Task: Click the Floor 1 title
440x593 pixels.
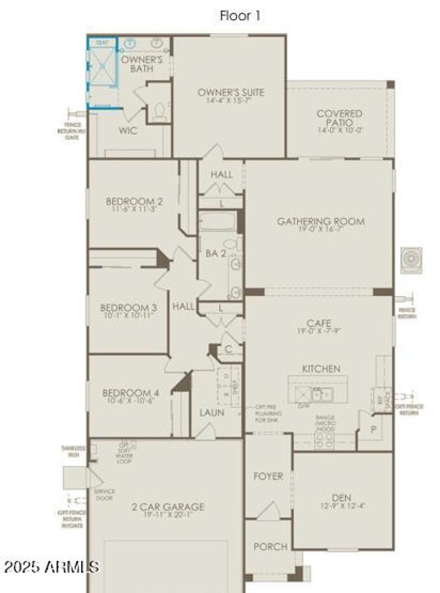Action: pos(240,16)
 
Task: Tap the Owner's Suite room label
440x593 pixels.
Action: pos(231,92)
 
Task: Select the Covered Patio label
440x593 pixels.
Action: pos(339,114)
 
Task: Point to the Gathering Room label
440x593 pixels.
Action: pos(320,221)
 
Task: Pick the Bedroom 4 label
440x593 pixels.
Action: pos(130,393)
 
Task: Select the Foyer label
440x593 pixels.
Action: pos(267,476)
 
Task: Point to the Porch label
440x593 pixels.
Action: pos(270,546)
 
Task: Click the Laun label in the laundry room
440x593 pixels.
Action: pos(212,412)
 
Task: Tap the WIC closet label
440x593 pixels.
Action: pos(128,131)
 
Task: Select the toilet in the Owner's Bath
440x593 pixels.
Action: pos(160,112)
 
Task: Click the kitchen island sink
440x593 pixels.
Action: pos(319,394)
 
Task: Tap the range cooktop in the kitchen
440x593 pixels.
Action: pos(324,439)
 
